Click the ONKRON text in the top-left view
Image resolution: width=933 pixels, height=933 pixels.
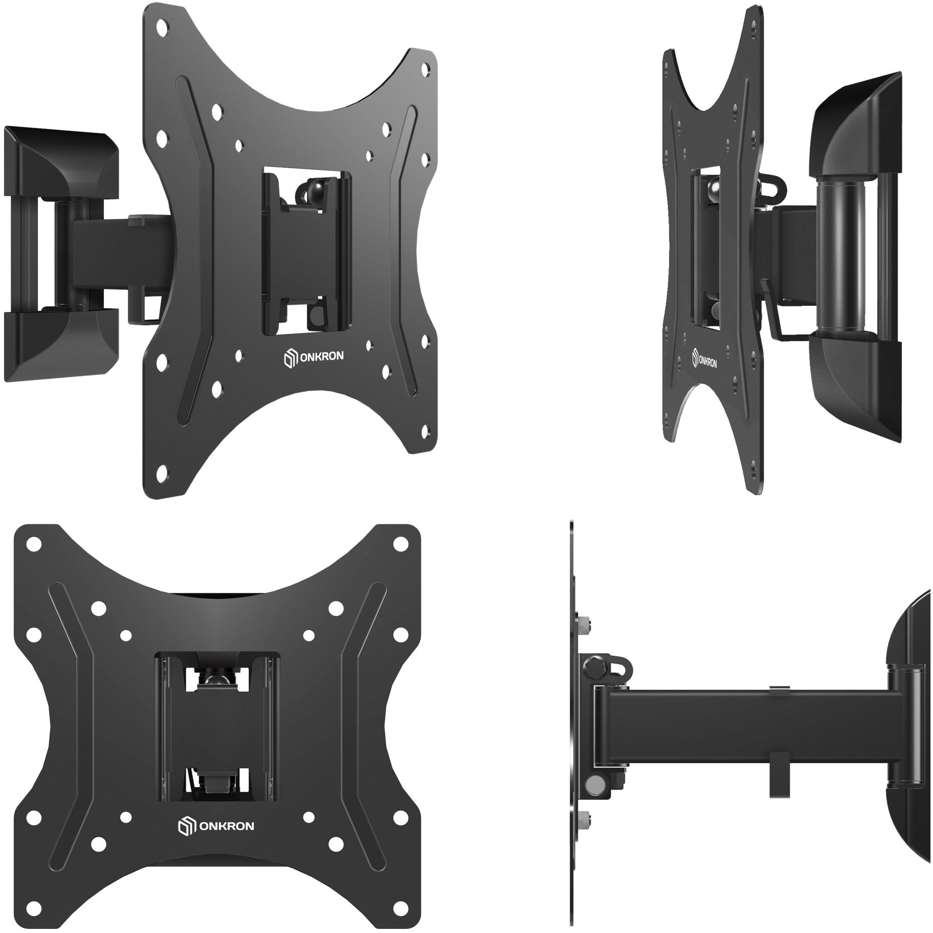pos(320,357)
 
